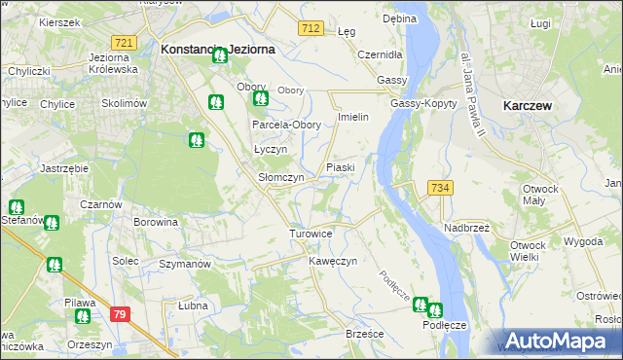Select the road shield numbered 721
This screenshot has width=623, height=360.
tap(124, 43)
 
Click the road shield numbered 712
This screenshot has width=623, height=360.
tap(311, 29)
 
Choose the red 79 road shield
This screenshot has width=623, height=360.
tap(120, 313)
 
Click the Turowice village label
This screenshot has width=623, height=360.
tap(311, 234)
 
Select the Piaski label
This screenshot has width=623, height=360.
tap(340, 167)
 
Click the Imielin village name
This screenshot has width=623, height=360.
tap(351, 117)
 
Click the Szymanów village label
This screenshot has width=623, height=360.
tap(185, 264)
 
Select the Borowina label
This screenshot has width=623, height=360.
tap(156, 222)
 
